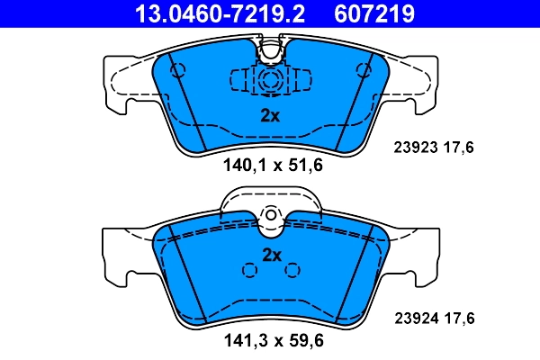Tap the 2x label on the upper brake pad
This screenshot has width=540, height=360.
point(271,115)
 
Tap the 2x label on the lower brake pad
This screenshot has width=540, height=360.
point(271,255)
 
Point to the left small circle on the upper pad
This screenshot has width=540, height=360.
point(176,70)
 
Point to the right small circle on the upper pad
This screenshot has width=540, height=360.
point(364,70)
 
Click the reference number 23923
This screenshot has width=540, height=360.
point(416,148)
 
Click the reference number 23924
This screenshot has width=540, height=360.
point(416,317)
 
